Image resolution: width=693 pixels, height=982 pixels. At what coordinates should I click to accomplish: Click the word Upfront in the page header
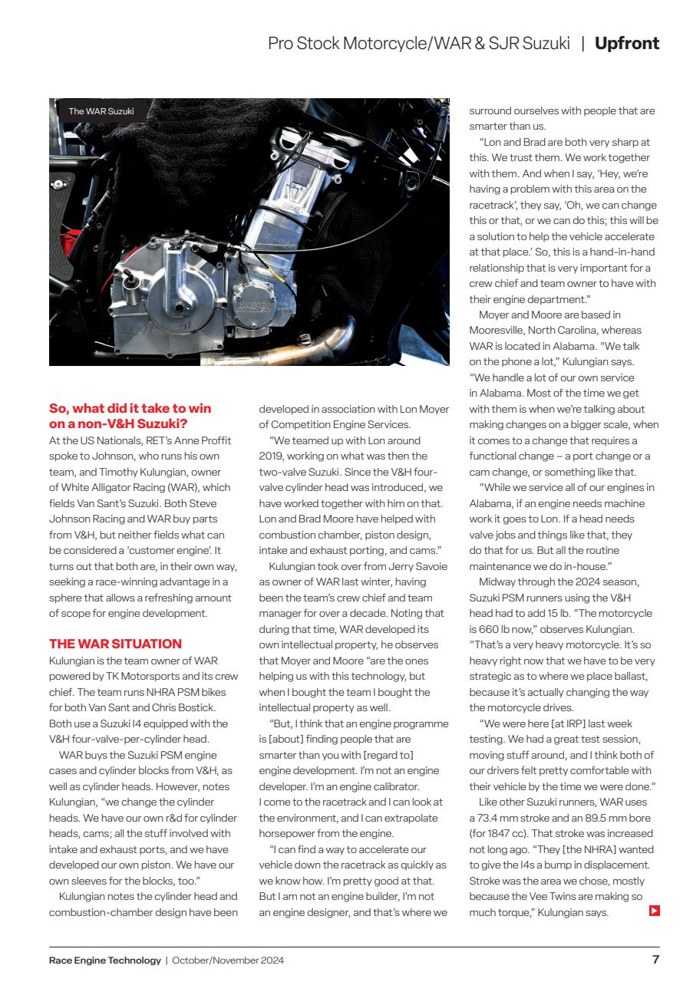[x=626, y=44]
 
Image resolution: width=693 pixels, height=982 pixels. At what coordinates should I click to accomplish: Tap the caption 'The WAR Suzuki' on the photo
[x=101, y=111]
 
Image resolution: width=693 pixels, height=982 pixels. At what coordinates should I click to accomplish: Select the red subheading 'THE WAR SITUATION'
[x=115, y=644]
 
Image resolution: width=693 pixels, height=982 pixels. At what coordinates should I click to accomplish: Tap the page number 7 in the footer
[x=655, y=959]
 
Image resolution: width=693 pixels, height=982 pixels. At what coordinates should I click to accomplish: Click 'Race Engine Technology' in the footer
[x=104, y=960]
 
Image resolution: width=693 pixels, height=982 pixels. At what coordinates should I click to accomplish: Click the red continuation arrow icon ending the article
[x=654, y=911]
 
